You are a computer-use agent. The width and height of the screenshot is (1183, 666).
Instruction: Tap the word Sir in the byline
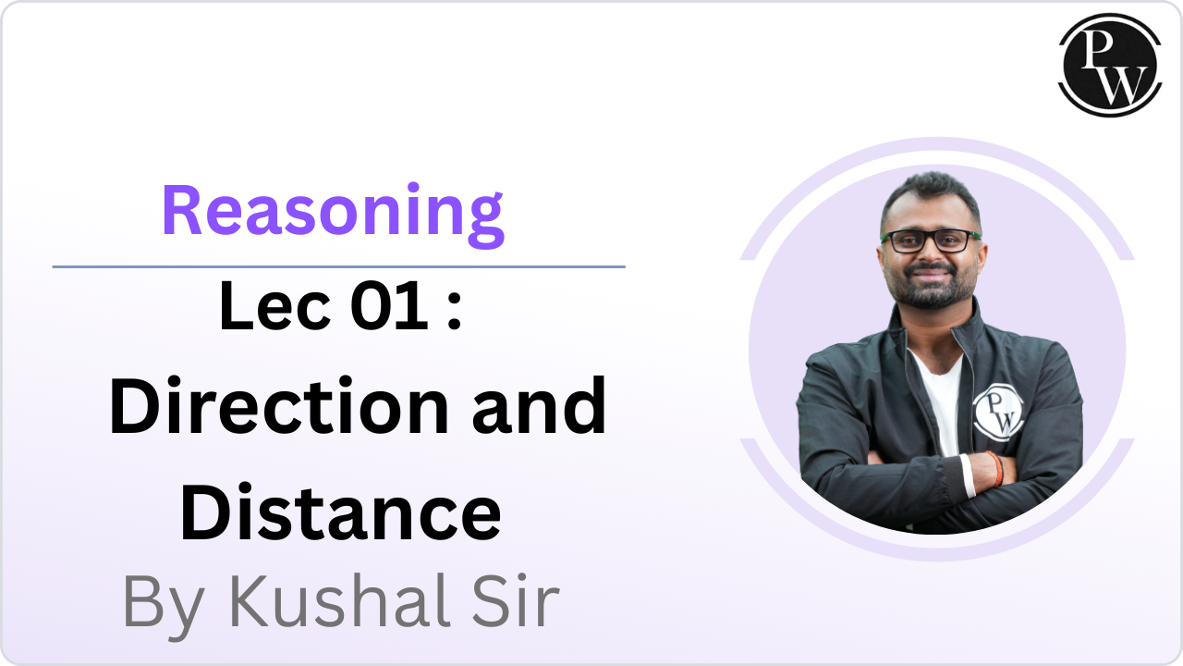[518, 602]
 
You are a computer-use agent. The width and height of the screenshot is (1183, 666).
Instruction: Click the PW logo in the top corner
[1109, 64]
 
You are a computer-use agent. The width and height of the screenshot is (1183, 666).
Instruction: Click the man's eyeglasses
[930, 240]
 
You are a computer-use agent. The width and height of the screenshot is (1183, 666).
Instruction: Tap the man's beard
[929, 294]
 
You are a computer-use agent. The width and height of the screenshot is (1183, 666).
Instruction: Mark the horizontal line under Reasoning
[338, 266]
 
